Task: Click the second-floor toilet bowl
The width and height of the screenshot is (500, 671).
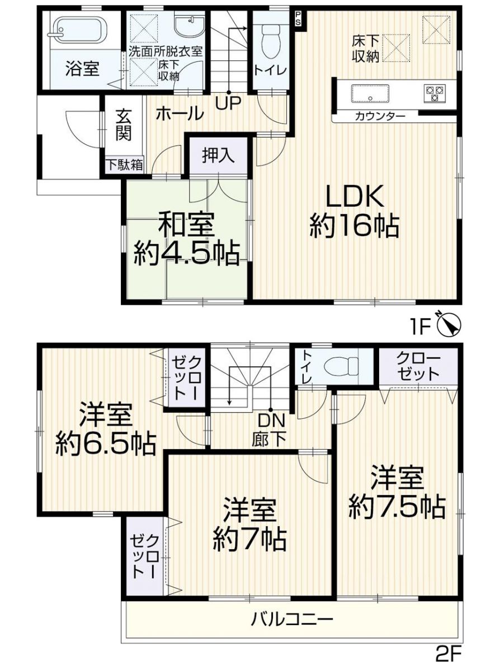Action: click(x=343, y=366)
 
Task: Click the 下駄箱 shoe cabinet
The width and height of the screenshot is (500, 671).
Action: click(x=125, y=164)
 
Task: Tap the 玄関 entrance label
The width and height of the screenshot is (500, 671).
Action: click(x=124, y=126)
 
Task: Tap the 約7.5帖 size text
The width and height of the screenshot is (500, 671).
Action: click(x=397, y=507)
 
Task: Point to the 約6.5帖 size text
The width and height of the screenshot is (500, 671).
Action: click(x=105, y=445)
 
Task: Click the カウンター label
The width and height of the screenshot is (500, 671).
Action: click(x=380, y=116)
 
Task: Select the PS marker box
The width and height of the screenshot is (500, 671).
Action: click(x=298, y=17)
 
